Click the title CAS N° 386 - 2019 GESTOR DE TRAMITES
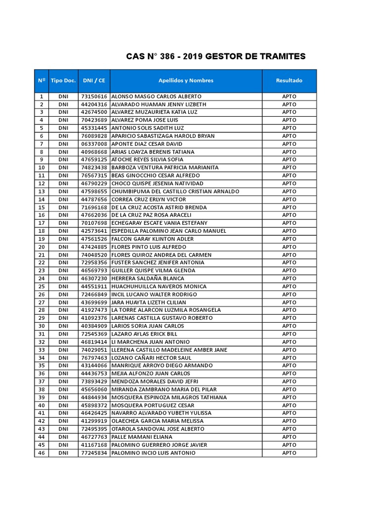(x=216, y=56)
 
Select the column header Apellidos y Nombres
(x=186, y=81)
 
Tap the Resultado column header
(x=289, y=81)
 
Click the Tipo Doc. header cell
(x=63, y=81)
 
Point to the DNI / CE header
(x=94, y=81)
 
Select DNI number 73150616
(x=94, y=96)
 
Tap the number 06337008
(x=94, y=144)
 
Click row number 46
(x=42, y=453)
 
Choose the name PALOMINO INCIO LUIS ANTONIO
(x=153, y=453)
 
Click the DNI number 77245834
(x=94, y=453)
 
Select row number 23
(x=42, y=271)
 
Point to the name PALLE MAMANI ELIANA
(x=142, y=437)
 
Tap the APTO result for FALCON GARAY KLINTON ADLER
(x=289, y=239)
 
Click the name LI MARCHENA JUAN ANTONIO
(x=150, y=342)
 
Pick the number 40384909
(x=94, y=326)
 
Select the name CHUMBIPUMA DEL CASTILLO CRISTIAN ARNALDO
(x=175, y=191)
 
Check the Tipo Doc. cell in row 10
(x=63, y=168)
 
